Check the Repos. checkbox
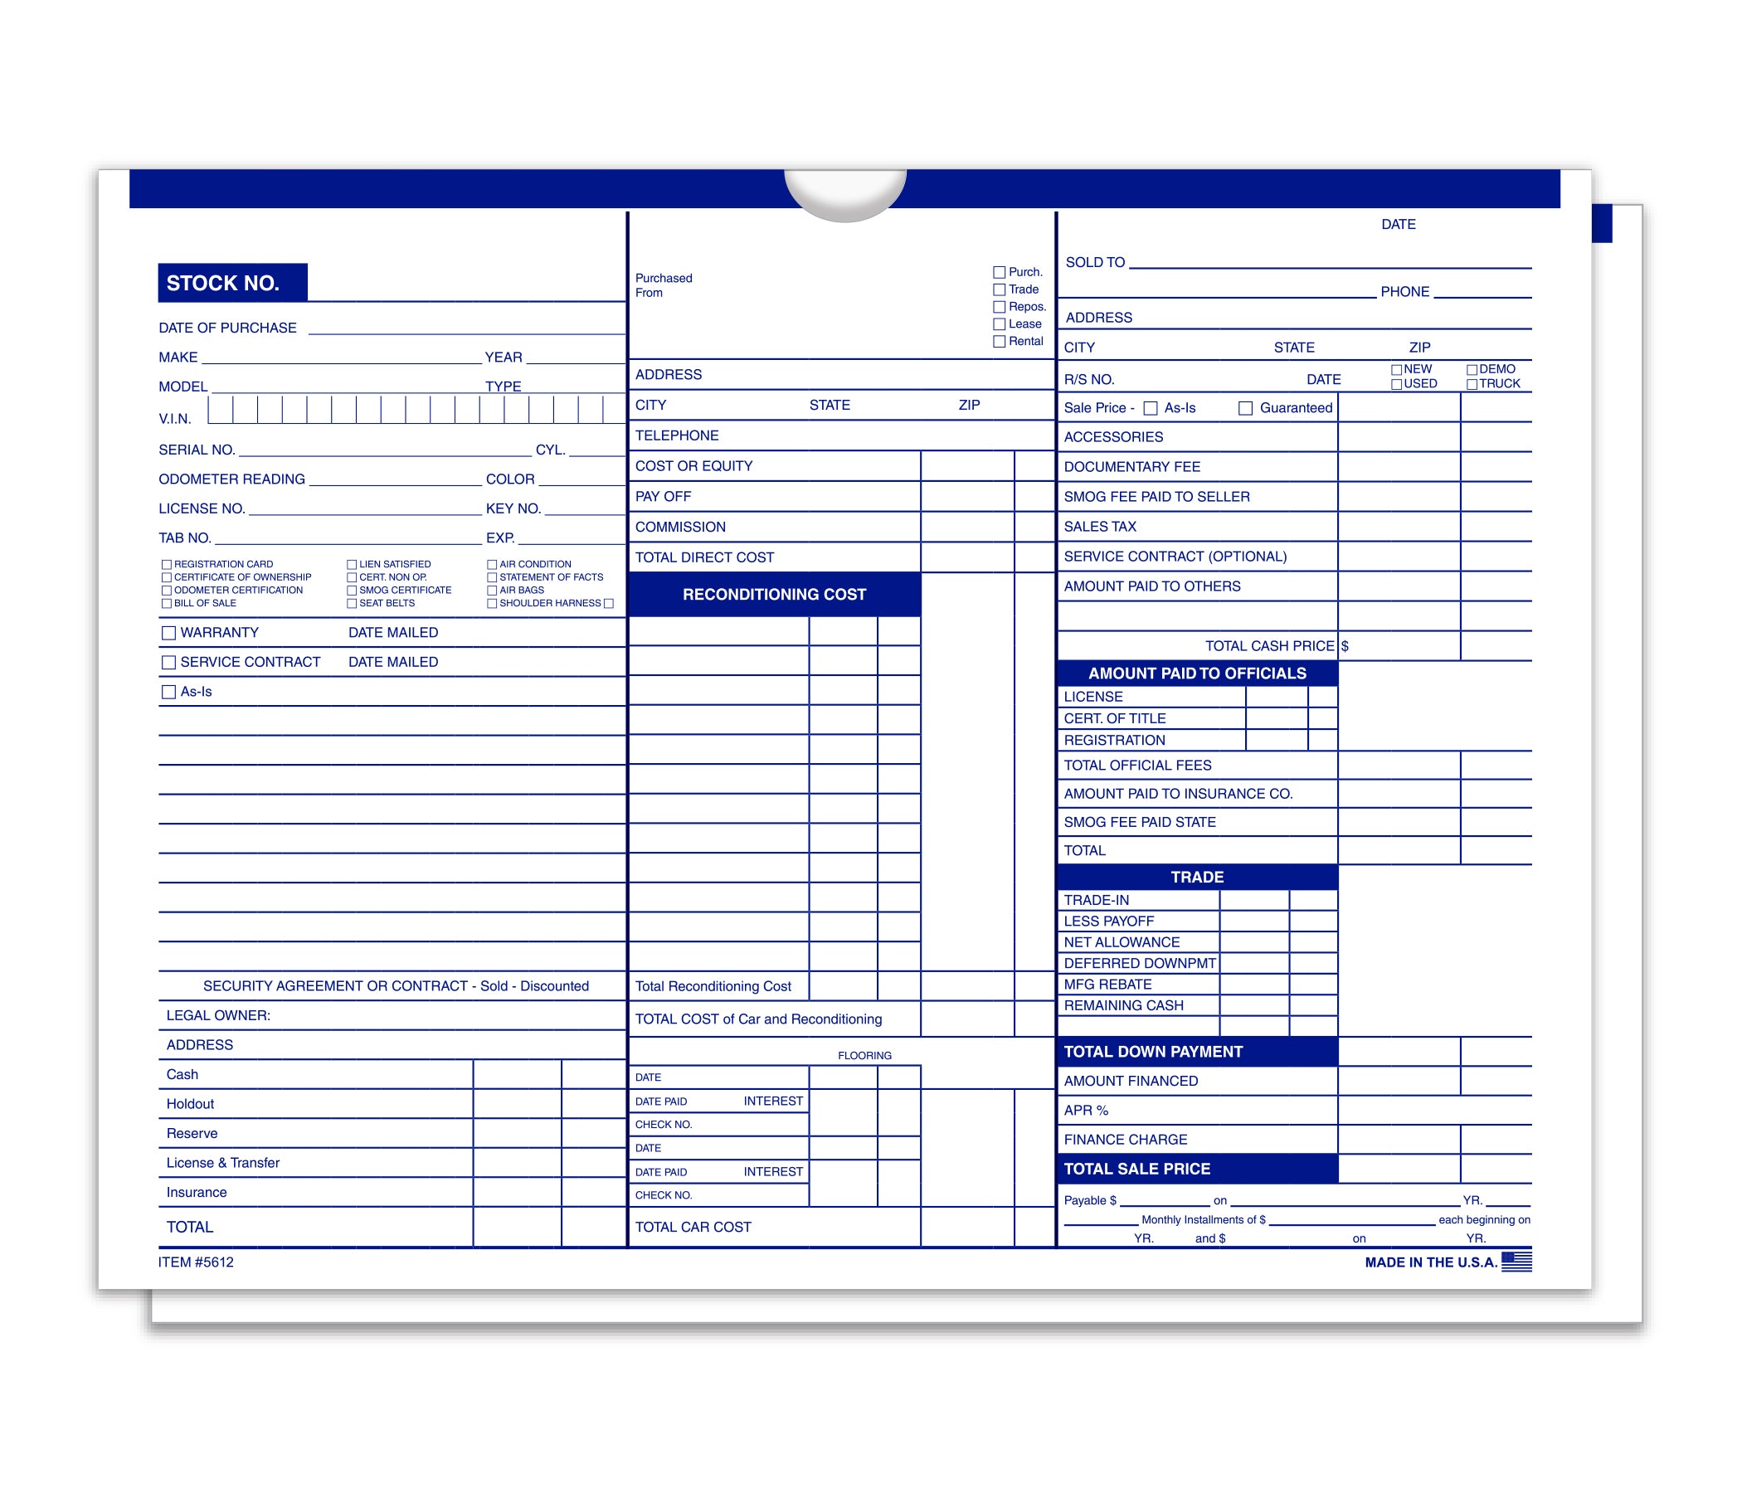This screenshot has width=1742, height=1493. pyautogui.click(x=999, y=307)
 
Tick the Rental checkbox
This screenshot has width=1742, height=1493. pyautogui.click(x=999, y=341)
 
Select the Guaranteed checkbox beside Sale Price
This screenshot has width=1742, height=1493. pyautogui.click(x=1245, y=408)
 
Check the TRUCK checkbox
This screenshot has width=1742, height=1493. pyautogui.click(x=1472, y=384)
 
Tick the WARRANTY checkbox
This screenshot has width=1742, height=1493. pyautogui.click(x=169, y=633)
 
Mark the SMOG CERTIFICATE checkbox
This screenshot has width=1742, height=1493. pyautogui.click(x=353, y=591)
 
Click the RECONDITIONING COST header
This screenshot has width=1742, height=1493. pyautogui.click(x=773, y=595)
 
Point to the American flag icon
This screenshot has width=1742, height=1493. pyautogui.click(x=1516, y=1261)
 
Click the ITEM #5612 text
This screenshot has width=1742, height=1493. pyautogui.click(x=196, y=1262)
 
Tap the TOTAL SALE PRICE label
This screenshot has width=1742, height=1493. pyautogui.click(x=1136, y=1169)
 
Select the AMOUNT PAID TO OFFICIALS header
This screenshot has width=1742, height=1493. pyautogui.click(x=1196, y=674)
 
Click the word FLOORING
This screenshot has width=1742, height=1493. pyautogui.click(x=864, y=1055)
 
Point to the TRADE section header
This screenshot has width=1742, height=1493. pyautogui.click(x=1196, y=877)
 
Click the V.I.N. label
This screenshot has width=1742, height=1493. pyautogui.click(x=175, y=419)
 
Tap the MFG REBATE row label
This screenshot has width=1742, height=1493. pyautogui.click(x=1107, y=985)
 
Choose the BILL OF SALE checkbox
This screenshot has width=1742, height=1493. pyautogui.click(x=167, y=604)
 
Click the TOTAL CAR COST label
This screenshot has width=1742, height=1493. pyautogui.click(x=693, y=1227)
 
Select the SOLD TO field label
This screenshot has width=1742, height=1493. pyautogui.click(x=1095, y=262)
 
